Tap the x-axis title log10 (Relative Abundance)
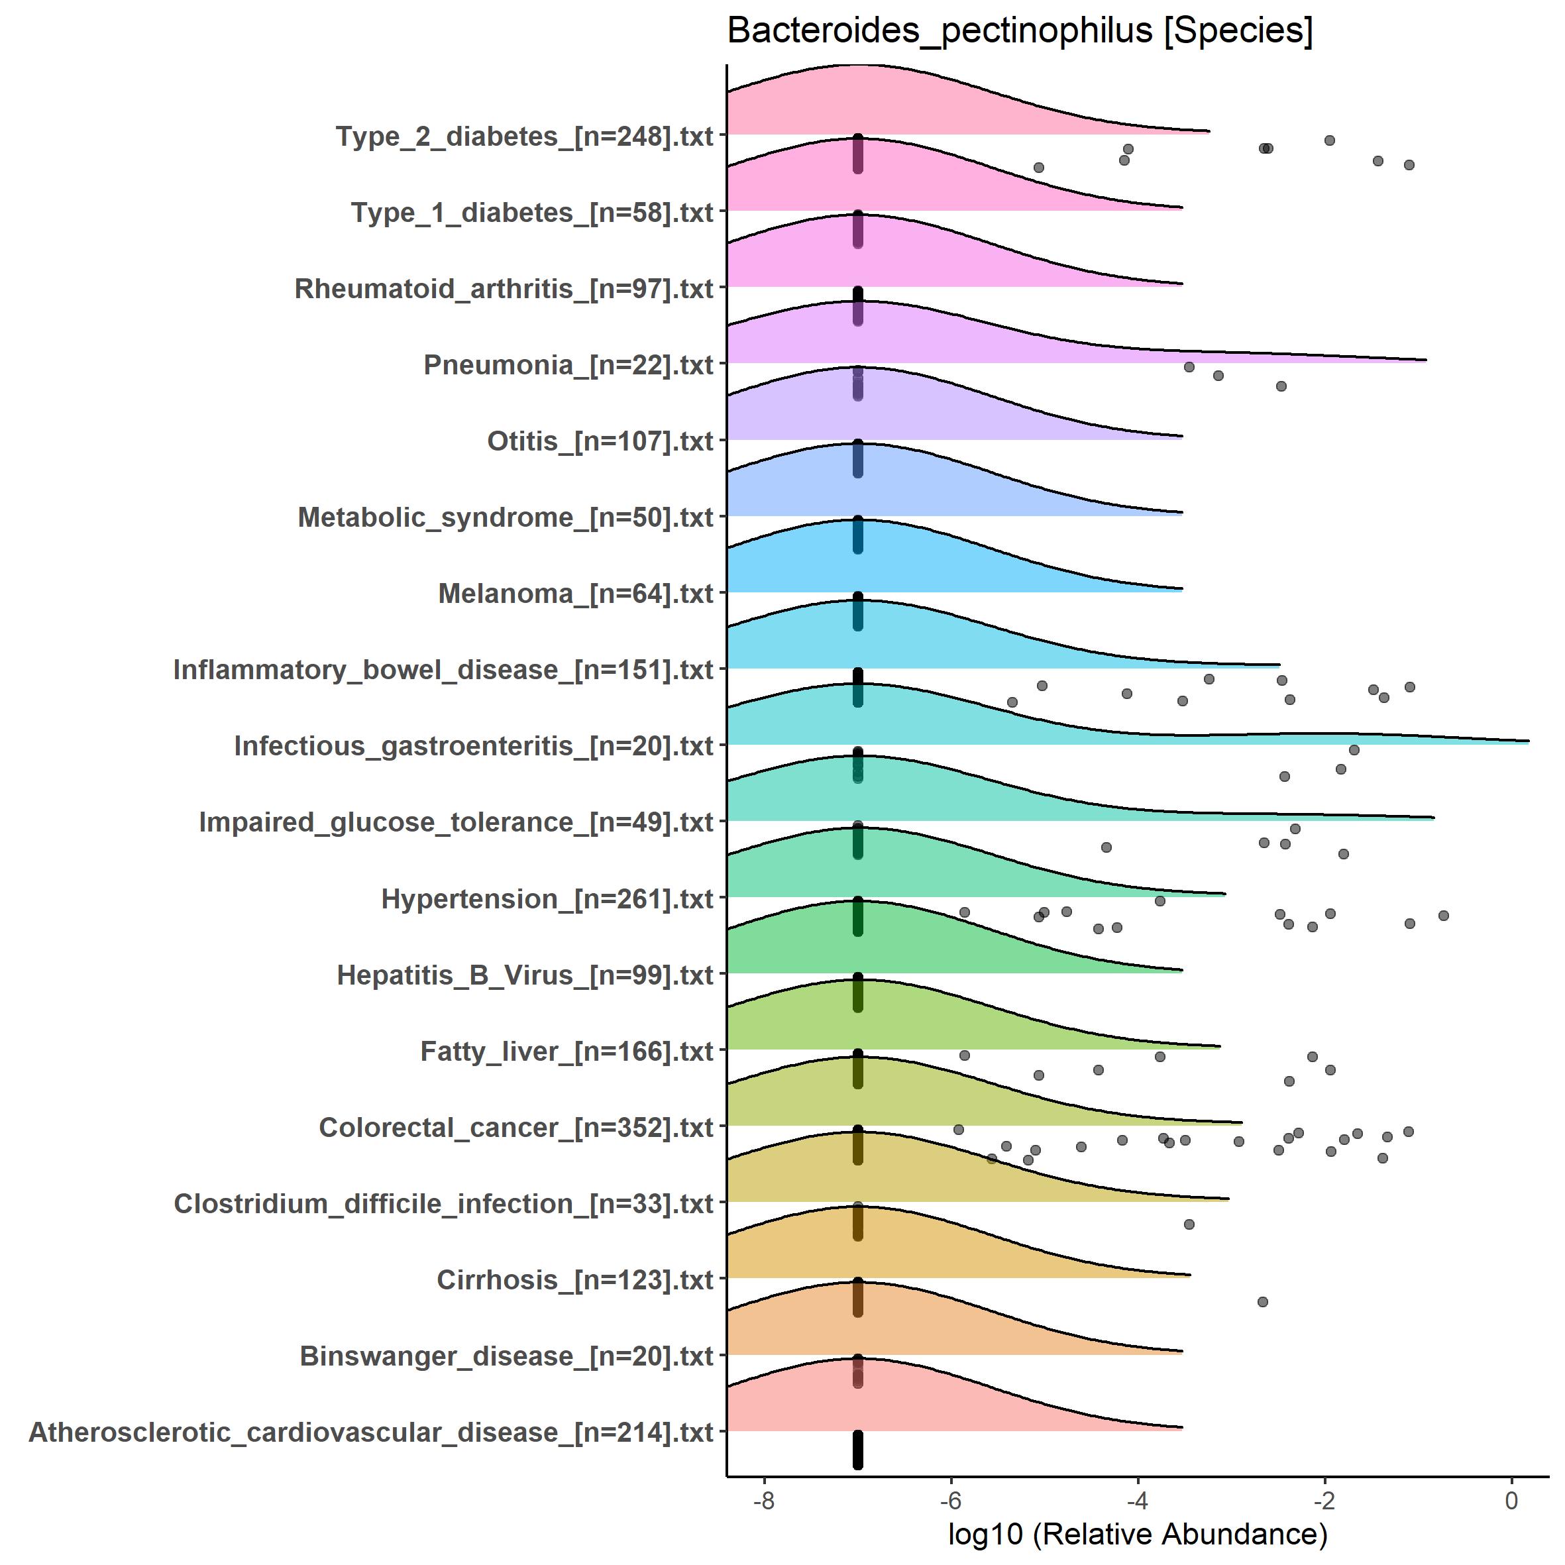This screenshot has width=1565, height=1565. (x=1137, y=1533)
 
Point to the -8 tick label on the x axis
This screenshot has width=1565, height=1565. (x=763, y=1500)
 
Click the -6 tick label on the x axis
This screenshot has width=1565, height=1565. (x=950, y=1500)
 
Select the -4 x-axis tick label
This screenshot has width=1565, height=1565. (x=1137, y=1500)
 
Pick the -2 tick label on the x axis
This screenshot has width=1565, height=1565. (x=1324, y=1500)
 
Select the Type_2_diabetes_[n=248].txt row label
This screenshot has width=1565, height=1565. (x=524, y=136)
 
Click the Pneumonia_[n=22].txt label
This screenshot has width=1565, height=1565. (x=568, y=364)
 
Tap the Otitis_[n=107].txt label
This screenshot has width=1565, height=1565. (x=600, y=441)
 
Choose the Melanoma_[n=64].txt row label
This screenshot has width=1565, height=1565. (x=575, y=594)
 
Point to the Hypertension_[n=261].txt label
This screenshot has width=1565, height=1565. (x=547, y=898)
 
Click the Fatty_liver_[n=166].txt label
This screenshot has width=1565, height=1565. (x=567, y=1052)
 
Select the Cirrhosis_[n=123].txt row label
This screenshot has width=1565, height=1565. (x=574, y=1280)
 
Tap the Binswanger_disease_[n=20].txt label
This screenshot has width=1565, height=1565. (x=506, y=1356)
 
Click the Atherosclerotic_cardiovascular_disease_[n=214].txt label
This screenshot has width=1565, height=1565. (x=371, y=1432)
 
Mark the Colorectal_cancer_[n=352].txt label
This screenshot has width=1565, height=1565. (x=516, y=1128)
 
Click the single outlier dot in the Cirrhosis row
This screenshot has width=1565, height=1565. (x=1262, y=1302)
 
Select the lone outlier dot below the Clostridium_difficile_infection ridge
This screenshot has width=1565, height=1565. (x=1189, y=1224)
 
